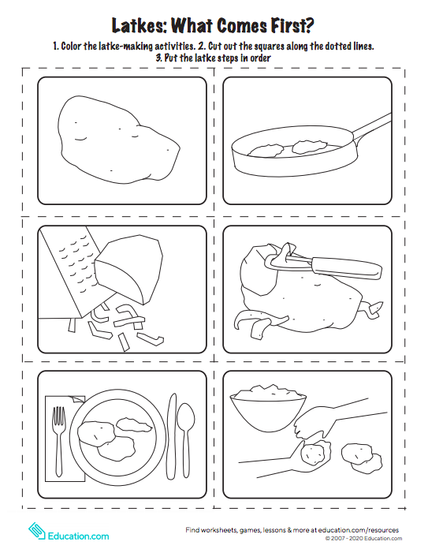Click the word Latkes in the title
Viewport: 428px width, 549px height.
[140, 25]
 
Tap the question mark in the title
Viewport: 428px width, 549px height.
[309, 25]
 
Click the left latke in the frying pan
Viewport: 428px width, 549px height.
[266, 150]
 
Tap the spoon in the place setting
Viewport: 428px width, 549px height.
[185, 440]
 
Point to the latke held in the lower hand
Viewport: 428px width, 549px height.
[315, 454]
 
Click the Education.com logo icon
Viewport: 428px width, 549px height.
[36, 532]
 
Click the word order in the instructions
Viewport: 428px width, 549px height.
[260, 58]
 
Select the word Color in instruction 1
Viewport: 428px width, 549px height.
[72, 46]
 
